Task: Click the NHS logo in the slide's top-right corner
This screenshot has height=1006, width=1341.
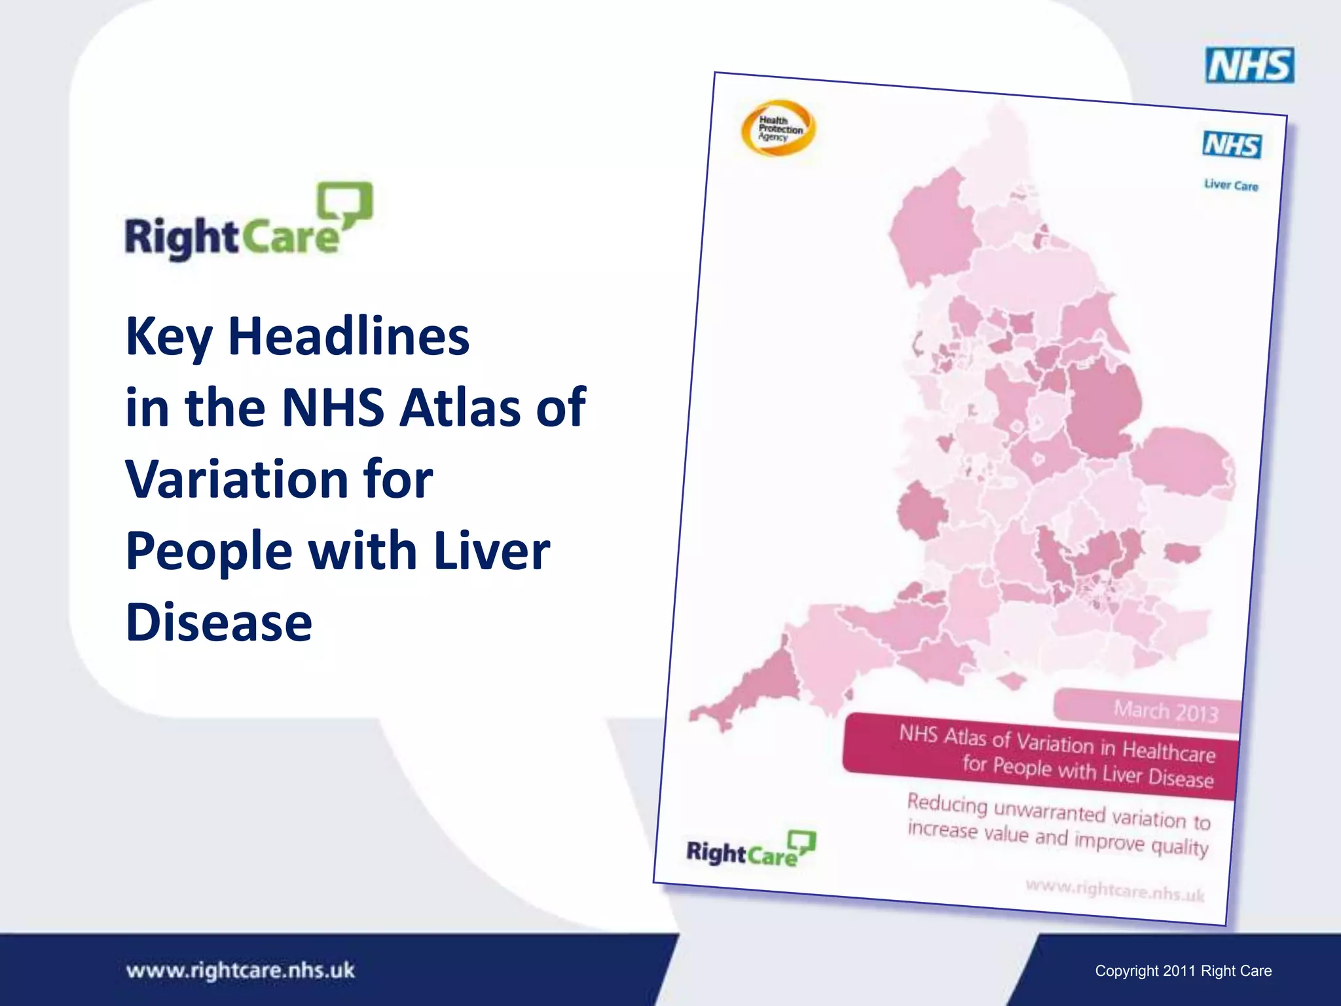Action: (1249, 65)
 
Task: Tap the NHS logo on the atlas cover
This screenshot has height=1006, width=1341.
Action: (1232, 145)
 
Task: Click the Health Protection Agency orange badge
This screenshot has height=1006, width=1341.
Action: (779, 128)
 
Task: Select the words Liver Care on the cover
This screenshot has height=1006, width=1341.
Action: (1231, 185)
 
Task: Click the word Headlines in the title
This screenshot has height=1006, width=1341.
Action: (348, 336)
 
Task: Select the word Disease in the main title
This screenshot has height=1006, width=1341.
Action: (219, 622)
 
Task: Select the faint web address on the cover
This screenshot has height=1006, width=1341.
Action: (1114, 890)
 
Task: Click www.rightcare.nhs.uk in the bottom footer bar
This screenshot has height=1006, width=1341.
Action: (240, 970)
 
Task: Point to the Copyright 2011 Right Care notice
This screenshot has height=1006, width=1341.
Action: (1183, 971)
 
